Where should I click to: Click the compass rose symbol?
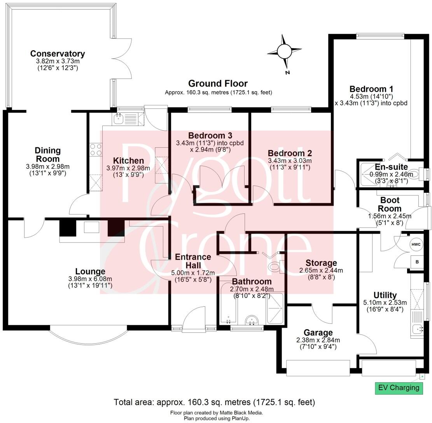pos(285,51)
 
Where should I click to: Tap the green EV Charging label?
pos(399,388)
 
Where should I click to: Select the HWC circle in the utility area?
pos(416,245)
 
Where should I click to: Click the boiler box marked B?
pos(417,262)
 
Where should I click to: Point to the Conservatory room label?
pos(58,54)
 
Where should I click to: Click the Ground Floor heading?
pos(218,83)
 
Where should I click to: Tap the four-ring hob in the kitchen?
pos(96,150)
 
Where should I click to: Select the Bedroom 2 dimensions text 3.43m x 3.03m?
pos(290,161)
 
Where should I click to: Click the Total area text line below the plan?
pos(214,402)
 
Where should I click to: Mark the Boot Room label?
pos(390,205)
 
